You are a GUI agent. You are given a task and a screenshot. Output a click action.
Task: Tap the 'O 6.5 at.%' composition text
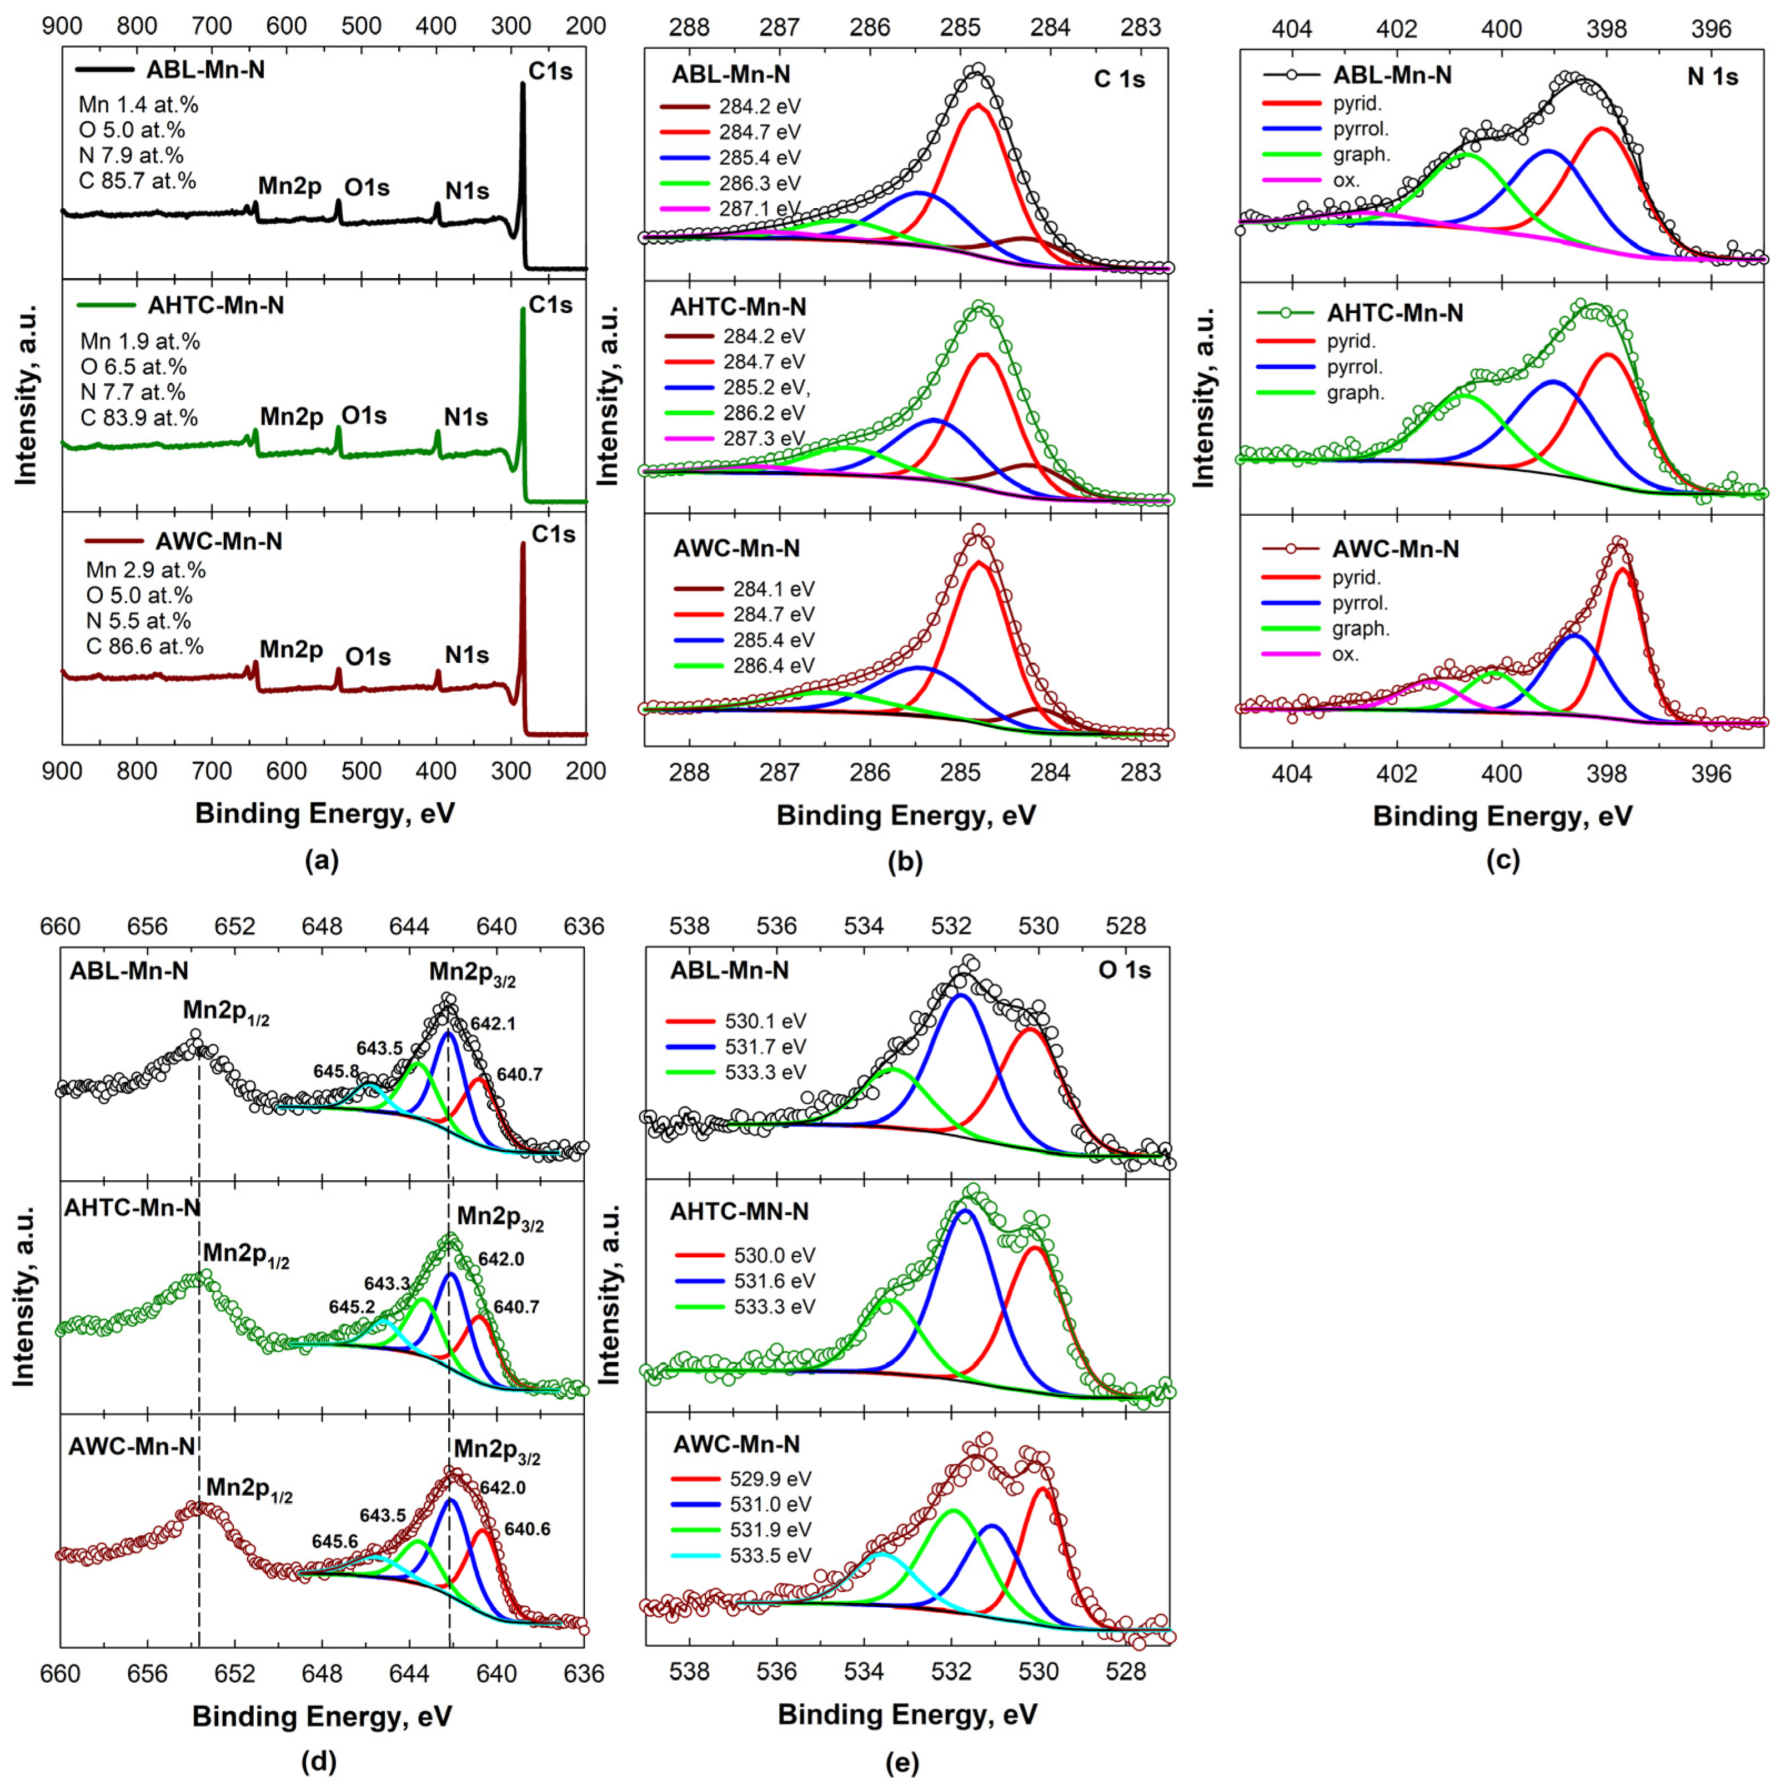click(139, 367)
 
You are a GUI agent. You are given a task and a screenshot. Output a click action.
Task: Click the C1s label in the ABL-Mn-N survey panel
click(550, 71)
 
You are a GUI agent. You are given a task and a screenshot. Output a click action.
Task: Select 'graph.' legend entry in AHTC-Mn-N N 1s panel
click(1356, 393)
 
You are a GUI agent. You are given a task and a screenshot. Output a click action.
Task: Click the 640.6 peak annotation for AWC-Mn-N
click(527, 1529)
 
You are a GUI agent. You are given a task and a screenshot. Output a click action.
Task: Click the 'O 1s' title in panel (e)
click(1123, 970)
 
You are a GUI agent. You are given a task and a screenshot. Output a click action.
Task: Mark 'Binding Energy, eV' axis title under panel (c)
click(1502, 816)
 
